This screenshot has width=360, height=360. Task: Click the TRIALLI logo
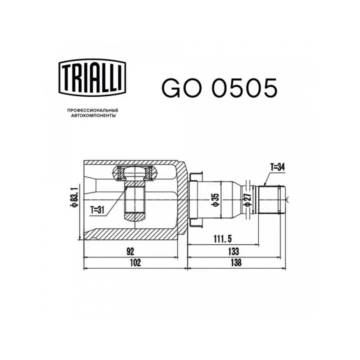click(x=92, y=77)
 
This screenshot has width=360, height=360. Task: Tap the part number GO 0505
click(x=220, y=88)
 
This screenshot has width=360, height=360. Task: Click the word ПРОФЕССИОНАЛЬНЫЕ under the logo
click(x=93, y=110)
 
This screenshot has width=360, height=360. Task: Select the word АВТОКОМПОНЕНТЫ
click(x=93, y=116)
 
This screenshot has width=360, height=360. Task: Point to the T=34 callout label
click(x=277, y=167)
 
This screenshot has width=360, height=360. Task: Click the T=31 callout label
click(x=97, y=210)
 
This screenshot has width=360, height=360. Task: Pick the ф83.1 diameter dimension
click(x=74, y=197)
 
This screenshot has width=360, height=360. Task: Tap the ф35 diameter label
click(x=216, y=200)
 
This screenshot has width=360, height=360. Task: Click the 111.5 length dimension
click(x=223, y=239)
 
